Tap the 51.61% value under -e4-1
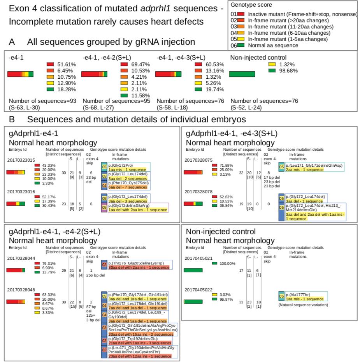67,64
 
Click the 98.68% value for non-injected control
287,70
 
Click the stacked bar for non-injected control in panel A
242,74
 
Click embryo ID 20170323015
21,160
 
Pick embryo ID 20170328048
21,290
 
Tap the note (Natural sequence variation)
303,305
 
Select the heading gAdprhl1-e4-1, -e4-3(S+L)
232,134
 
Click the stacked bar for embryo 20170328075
193,172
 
